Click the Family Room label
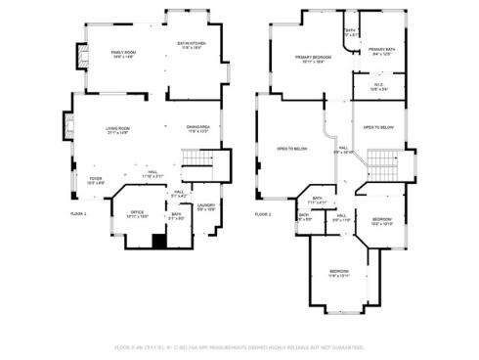click(x=122, y=54)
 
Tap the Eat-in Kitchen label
click(x=191, y=45)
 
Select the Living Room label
click(x=118, y=130)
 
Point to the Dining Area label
click(x=198, y=128)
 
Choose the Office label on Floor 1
click(x=138, y=214)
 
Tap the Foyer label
click(x=96, y=181)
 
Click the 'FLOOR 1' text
click(x=78, y=213)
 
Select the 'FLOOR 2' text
click(x=263, y=213)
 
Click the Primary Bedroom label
click(x=314, y=59)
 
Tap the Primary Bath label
click(x=381, y=51)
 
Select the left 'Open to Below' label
click(x=292, y=149)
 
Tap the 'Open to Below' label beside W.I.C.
click(x=379, y=128)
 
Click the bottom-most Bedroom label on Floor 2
click(x=339, y=272)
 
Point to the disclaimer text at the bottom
click(x=239, y=346)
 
